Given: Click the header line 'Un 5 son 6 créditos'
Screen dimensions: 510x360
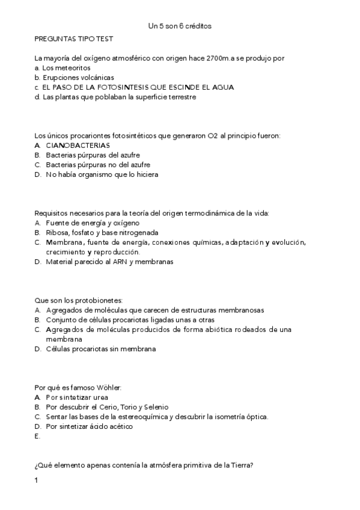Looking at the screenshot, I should coord(180,26).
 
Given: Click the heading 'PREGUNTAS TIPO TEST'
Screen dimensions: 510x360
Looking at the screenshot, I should coord(74,38).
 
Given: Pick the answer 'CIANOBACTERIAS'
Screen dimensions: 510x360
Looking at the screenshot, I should coord(78,146).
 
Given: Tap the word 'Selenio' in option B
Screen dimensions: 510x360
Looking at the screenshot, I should coord(156,407).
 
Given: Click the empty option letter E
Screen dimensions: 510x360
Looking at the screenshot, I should coord(37,437).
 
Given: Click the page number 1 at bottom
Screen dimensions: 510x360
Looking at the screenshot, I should coord(37,481).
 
